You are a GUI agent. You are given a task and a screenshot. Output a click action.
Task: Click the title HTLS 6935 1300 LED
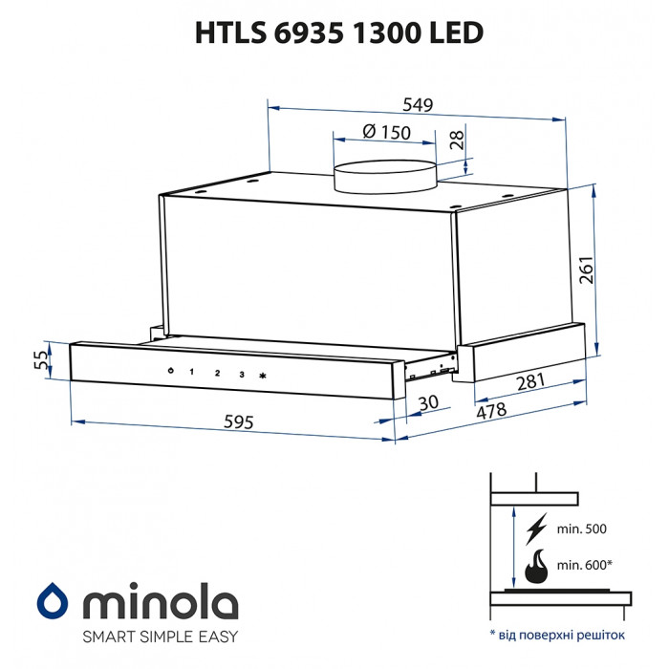tap(339, 32)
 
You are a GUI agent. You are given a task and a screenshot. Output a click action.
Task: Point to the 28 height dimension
tap(456, 140)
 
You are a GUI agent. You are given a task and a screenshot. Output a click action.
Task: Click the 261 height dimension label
tap(587, 270)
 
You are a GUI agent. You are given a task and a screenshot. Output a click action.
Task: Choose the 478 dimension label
tap(492, 412)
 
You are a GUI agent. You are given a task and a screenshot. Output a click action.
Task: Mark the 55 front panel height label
tap(39, 360)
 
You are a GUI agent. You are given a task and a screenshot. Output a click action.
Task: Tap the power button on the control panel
tap(169, 371)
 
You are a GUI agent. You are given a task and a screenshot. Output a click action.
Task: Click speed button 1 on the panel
tap(191, 372)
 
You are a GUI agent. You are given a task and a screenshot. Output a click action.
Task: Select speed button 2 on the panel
tap(217, 373)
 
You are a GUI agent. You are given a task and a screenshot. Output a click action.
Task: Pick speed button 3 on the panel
tap(242, 374)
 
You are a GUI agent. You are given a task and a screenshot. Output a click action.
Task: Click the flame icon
tap(535, 567)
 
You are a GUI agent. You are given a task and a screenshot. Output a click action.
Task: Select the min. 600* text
tap(583, 565)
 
